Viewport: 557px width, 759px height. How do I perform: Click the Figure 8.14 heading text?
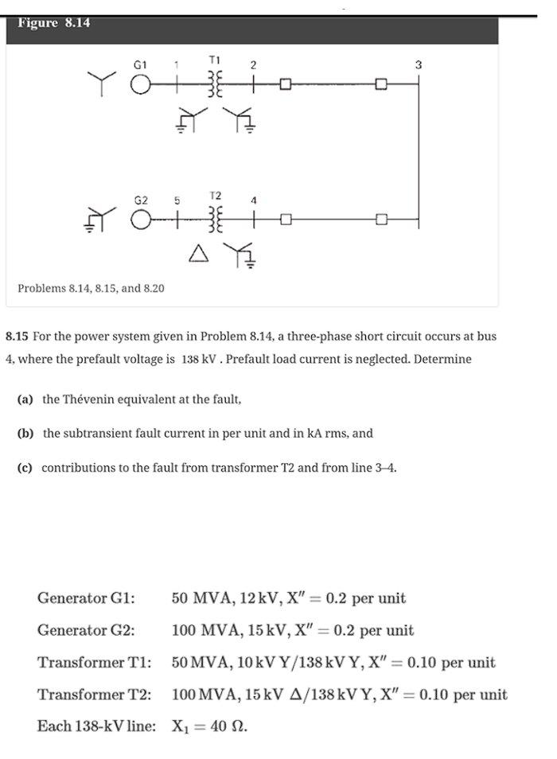[x=53, y=23]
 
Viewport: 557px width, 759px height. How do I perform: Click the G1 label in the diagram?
[x=140, y=63]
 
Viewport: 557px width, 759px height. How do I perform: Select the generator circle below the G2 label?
[x=141, y=217]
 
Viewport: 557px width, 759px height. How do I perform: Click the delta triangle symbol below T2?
[x=198, y=254]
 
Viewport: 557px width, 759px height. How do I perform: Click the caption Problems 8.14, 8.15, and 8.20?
[x=91, y=287]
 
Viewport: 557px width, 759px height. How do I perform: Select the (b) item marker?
[x=26, y=434]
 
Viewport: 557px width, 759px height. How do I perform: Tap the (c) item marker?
[x=25, y=468]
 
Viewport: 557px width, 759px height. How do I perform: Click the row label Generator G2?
[x=86, y=631]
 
